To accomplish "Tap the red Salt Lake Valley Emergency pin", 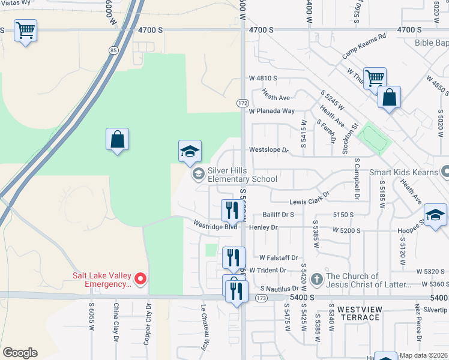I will (x=140, y=278).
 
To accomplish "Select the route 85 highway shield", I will (x=113, y=50).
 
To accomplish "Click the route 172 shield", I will (x=243, y=103).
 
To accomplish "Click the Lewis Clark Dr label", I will (x=310, y=203).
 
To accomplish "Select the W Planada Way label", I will (x=272, y=111).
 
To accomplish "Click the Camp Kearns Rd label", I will (x=364, y=44).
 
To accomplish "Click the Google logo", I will (x=20, y=353).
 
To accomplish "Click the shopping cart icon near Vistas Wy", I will (x=25, y=30).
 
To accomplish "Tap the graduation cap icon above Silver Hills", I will (x=190, y=151).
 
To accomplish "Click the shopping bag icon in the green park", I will (x=118, y=139).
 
